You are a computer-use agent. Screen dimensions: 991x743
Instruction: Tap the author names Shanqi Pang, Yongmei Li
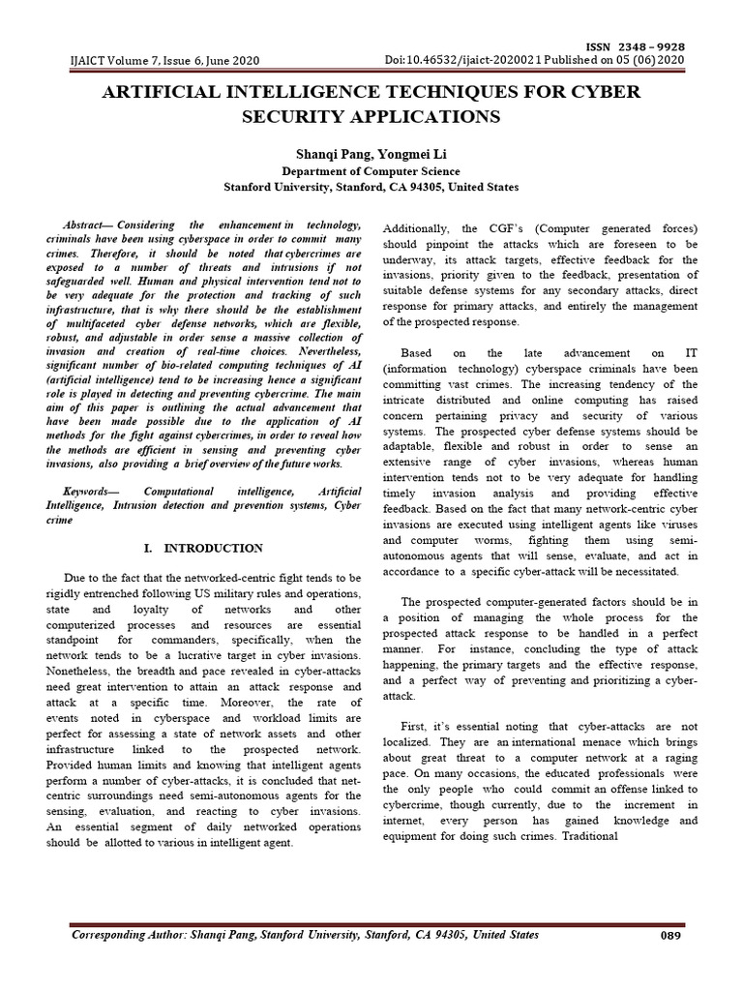[x=371, y=154]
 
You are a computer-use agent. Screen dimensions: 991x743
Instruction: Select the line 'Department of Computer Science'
[x=371, y=171]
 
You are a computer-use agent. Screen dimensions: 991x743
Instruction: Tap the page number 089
[x=670, y=936]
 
